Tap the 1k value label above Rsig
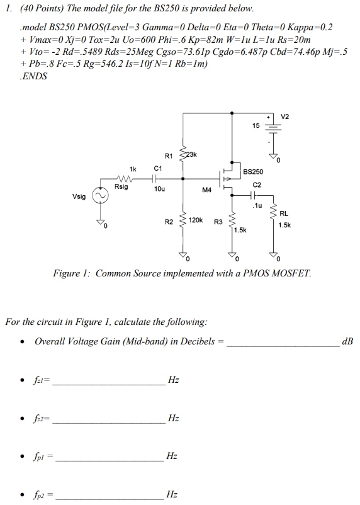click(x=132, y=169)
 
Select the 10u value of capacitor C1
click(x=159, y=188)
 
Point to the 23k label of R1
click(x=191, y=154)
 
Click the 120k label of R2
click(x=195, y=220)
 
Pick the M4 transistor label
click(x=207, y=188)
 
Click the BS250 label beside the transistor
click(x=253, y=171)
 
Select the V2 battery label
click(x=286, y=116)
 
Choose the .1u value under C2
click(x=256, y=205)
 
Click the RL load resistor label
click(x=284, y=213)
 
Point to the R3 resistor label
click(x=218, y=221)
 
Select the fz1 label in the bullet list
click(x=43, y=380)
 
